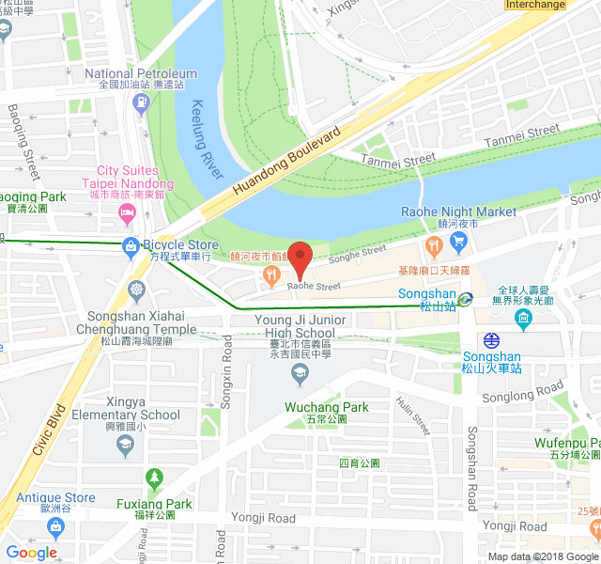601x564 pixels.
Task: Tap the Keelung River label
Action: pos(207,140)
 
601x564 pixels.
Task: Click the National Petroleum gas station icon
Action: pos(141,102)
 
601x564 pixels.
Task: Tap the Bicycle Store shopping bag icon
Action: pos(131,246)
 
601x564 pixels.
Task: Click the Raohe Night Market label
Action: pos(458,212)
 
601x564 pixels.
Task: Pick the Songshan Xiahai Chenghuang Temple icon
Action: pos(137,289)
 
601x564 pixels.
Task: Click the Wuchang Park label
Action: pos(327,408)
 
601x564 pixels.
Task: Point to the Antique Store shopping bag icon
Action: pos(54,526)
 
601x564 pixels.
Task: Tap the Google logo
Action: pos(31,553)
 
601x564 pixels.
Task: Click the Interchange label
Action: pos(535,5)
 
